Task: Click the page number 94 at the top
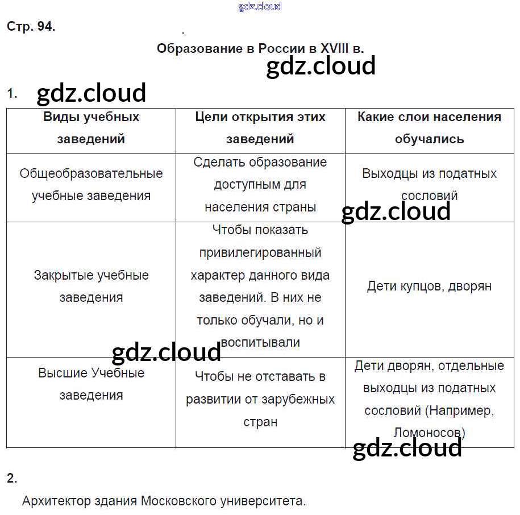[x=45, y=27]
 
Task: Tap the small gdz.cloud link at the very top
[x=260, y=6]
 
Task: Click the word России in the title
[x=281, y=48]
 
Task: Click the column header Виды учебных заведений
[x=91, y=127]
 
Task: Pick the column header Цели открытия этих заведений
[x=260, y=127]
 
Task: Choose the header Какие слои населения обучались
[x=429, y=127]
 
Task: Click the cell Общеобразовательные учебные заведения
[x=91, y=184]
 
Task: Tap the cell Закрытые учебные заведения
[x=91, y=286]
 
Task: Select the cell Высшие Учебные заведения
[x=91, y=384]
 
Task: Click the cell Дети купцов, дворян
[x=429, y=286]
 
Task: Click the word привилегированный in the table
[x=260, y=252]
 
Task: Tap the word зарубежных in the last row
[x=298, y=399]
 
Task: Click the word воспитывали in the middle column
[x=260, y=342]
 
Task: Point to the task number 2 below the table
[x=12, y=478]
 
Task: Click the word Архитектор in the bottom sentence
[x=56, y=501]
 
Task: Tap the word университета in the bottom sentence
[x=266, y=501]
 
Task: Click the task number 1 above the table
[x=12, y=93]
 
